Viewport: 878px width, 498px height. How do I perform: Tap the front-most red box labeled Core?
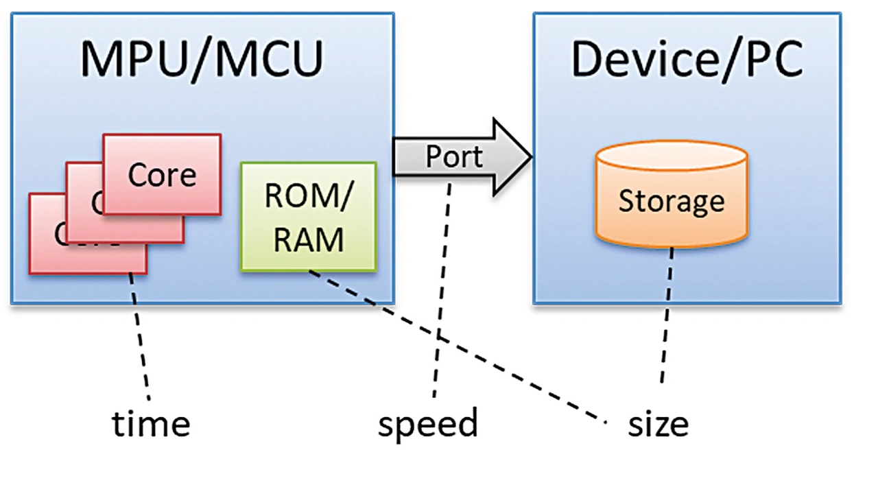click(162, 174)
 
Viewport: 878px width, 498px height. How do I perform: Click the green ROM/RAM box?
click(308, 217)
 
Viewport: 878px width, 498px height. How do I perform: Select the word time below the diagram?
click(151, 423)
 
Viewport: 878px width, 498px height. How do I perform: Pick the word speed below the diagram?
click(427, 423)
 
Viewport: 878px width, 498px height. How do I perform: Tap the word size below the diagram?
click(658, 424)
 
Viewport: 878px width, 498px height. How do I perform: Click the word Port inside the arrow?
click(454, 156)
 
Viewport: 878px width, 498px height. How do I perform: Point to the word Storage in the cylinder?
click(671, 201)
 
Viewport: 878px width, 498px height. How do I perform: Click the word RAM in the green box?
click(309, 240)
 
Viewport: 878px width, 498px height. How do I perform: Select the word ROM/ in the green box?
click(308, 197)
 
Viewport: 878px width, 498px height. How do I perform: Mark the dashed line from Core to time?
click(140, 336)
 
